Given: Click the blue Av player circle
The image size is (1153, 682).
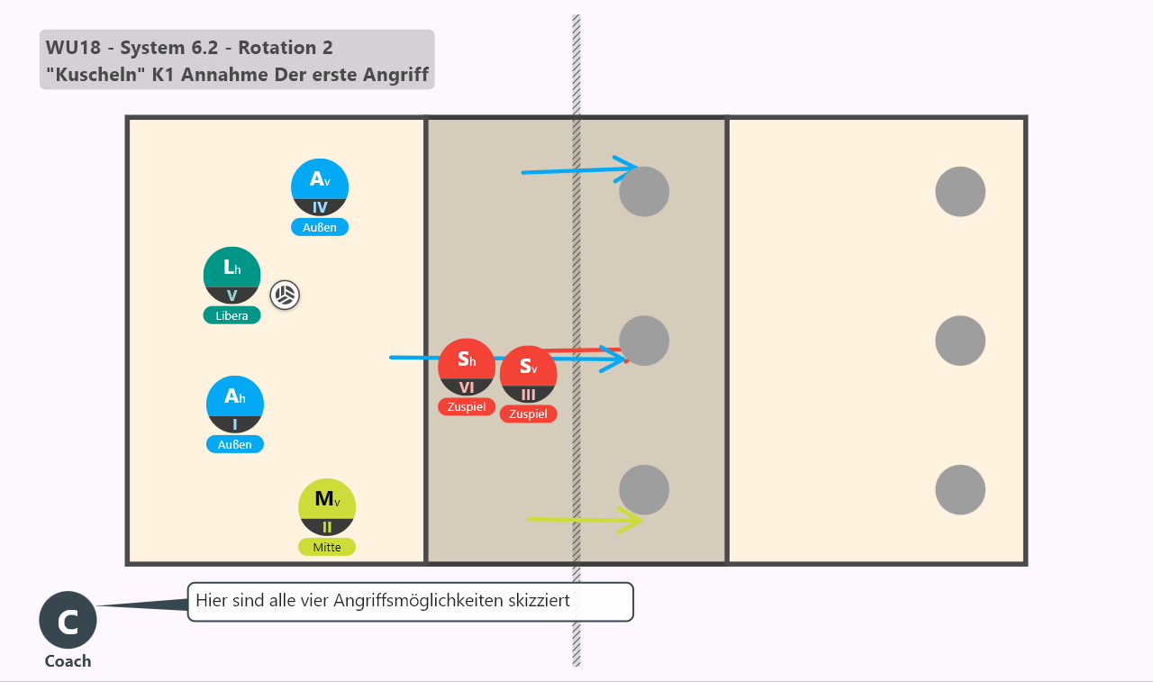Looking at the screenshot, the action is click(320, 187).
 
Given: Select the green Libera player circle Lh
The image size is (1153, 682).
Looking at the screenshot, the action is click(232, 276).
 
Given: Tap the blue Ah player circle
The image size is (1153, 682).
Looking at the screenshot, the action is click(235, 405).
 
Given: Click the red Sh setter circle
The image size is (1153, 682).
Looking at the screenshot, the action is click(467, 367).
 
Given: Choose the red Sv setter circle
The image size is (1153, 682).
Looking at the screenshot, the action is click(528, 374).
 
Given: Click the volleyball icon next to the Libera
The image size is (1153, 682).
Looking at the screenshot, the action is click(285, 296).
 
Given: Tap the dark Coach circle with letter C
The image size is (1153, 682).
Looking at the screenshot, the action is click(68, 620).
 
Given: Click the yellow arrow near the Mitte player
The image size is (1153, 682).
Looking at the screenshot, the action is click(586, 520).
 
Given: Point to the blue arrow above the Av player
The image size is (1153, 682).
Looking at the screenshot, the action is click(580, 170).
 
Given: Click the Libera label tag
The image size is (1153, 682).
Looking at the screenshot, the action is click(232, 315).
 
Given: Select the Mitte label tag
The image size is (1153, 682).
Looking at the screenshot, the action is click(327, 547).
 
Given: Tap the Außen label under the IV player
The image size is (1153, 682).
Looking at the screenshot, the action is click(320, 228).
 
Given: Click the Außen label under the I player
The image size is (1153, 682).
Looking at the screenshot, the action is click(235, 444).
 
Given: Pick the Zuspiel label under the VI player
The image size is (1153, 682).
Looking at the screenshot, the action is click(467, 406).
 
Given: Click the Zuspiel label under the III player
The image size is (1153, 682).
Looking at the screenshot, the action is click(528, 414).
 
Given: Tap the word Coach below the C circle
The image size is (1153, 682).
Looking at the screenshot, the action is click(68, 661).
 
